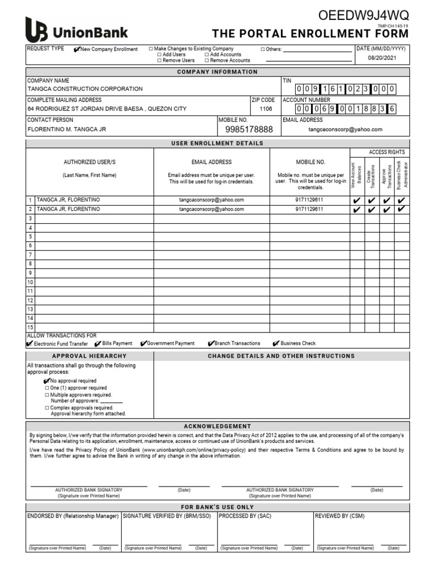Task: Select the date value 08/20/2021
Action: (379, 58)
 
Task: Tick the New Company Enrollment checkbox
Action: (77, 49)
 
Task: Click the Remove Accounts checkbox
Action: (207, 60)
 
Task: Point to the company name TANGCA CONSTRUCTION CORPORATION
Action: (85, 89)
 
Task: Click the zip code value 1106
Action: (266, 109)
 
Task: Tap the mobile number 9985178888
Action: (249, 130)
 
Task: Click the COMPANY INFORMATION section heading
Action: (217, 72)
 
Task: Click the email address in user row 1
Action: (211, 200)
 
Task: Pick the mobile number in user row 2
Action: (309, 209)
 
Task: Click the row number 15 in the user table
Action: (31, 327)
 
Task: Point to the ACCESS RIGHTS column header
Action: (387, 152)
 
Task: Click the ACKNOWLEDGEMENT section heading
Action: (217, 426)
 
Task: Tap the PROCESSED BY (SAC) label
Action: (245, 516)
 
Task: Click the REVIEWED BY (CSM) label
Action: (340, 516)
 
